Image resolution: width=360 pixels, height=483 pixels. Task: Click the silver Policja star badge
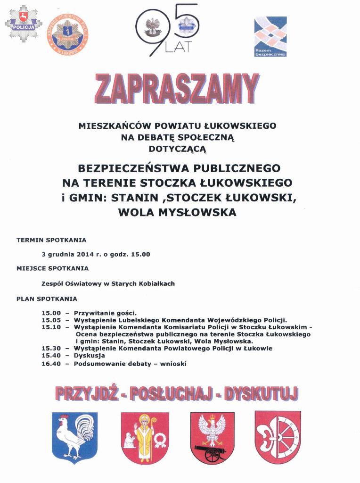point(23,24)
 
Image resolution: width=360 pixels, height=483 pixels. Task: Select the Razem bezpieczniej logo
point(270,36)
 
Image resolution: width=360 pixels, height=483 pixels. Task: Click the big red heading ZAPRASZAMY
point(177,89)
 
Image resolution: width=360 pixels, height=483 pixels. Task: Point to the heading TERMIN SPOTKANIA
point(51,240)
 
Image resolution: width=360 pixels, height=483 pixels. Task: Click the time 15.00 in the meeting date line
point(140,254)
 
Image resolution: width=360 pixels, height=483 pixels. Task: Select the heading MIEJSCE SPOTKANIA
point(52,268)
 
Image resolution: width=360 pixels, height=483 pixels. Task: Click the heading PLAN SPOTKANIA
point(47,299)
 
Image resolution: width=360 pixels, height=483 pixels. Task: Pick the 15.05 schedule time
point(51,320)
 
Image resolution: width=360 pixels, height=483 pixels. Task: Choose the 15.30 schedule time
point(51,348)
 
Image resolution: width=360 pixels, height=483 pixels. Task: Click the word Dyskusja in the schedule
point(89,355)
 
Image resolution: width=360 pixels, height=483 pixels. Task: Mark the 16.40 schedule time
point(51,363)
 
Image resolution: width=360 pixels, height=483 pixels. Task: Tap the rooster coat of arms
point(74,436)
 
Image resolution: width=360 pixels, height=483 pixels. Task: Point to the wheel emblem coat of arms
point(278,436)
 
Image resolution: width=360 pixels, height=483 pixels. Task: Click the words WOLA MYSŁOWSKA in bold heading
point(177,213)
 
